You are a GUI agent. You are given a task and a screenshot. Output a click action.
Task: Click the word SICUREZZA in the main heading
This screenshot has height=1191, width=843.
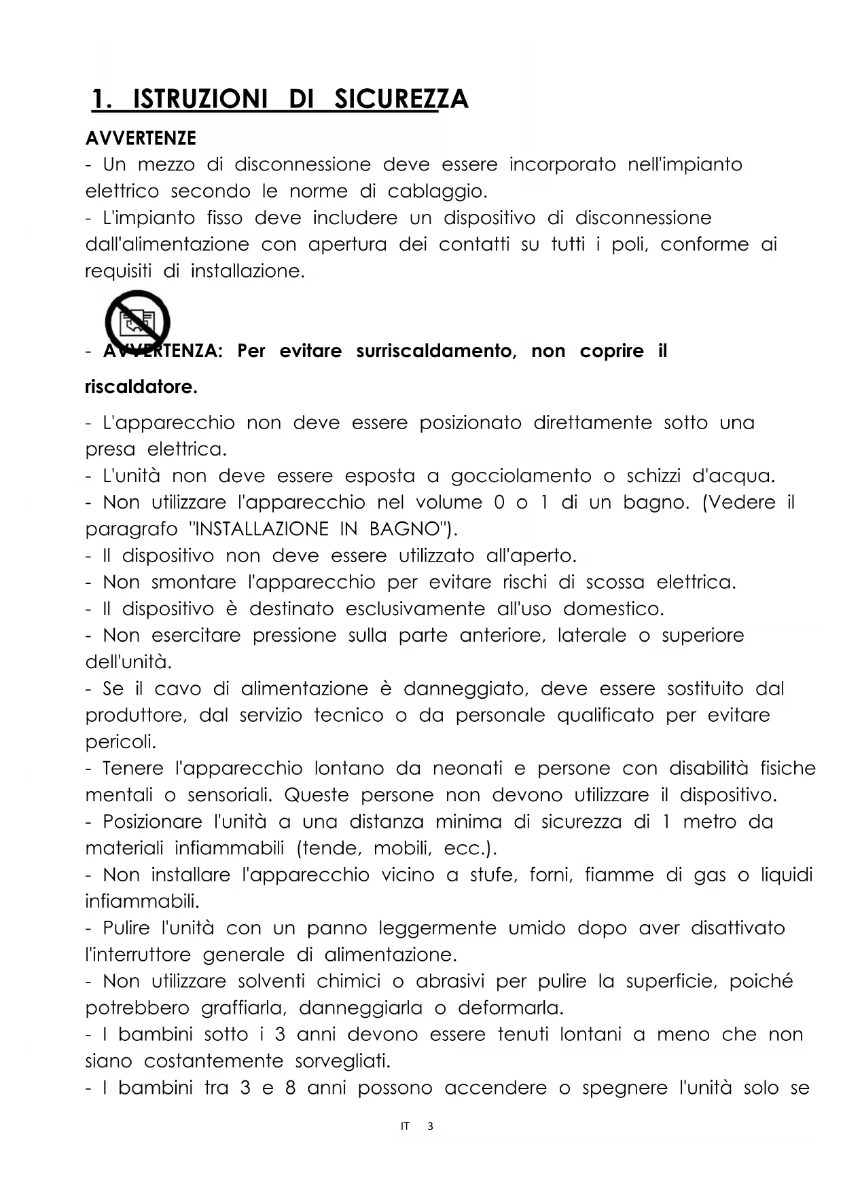pyautogui.click(x=401, y=100)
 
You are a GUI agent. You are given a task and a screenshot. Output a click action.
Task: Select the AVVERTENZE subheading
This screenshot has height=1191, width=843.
pyautogui.click(x=141, y=139)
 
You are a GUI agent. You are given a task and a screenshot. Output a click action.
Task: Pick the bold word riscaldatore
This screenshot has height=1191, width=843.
pyautogui.click(x=141, y=387)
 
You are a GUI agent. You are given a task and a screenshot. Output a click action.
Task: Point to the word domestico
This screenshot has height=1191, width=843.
pyautogui.click(x=613, y=609)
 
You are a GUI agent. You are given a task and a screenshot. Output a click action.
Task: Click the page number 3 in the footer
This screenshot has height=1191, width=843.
pyautogui.click(x=429, y=1126)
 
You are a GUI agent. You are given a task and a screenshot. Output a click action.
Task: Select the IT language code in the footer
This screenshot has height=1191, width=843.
pyautogui.click(x=405, y=1126)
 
